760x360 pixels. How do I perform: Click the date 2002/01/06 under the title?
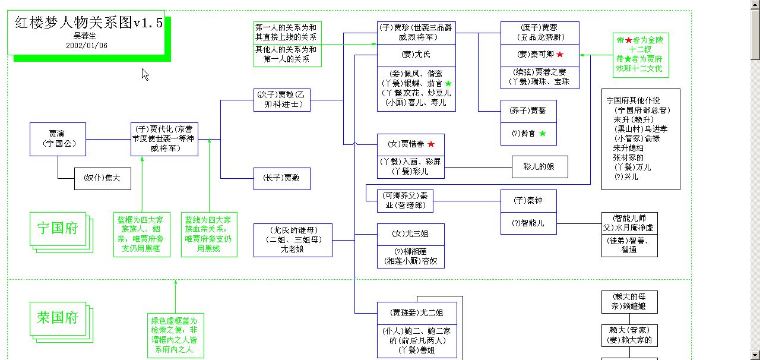pos(87,46)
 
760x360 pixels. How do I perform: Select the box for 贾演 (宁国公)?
pos(58,139)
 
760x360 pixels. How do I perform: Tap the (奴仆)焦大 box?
pos(102,178)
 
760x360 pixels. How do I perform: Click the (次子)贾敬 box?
pos(281,100)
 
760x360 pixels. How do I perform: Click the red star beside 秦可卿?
pos(559,55)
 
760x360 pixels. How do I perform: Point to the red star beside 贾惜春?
pos(431,144)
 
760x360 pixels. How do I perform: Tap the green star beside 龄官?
pos(543,134)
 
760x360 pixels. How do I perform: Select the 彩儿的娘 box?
pos(540,167)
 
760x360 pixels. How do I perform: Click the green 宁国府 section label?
pos(58,229)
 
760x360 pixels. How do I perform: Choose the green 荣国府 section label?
pos(58,318)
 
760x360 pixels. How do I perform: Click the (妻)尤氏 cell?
pos(416,55)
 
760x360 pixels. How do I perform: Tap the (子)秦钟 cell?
pos(528,200)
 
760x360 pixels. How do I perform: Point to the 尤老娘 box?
pos(292,240)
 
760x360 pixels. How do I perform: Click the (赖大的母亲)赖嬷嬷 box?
pos(629,302)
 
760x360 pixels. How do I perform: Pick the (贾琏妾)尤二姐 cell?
pos(416,312)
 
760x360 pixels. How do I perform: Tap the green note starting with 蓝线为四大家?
pos(209,234)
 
